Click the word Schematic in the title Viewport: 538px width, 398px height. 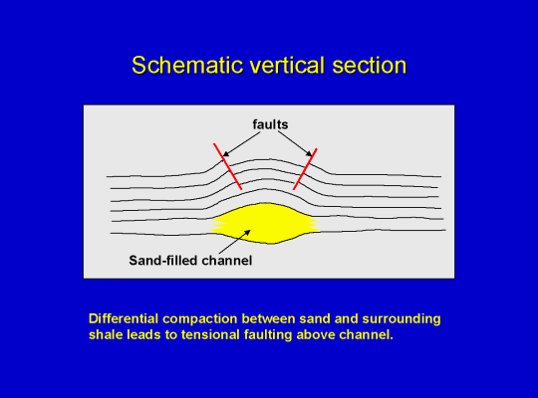pos(187,65)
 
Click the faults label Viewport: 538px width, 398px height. pos(270,124)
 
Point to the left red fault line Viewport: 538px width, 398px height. pos(228,166)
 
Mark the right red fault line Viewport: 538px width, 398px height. pos(305,169)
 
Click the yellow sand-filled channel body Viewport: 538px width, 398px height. pos(265,223)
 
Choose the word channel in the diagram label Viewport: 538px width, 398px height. pos(227,261)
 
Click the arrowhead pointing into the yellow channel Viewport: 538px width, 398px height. pos(247,233)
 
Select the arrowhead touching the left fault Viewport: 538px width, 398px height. pos(226,154)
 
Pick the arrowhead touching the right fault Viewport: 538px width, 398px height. pos(309,153)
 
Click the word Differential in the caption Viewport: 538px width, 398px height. pos(123,318)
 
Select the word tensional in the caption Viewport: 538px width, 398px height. pos(210,334)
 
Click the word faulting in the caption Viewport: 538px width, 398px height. pos(268,335)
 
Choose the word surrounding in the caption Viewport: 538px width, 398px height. pos(402,319)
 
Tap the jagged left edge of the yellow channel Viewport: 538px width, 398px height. pos(217,225)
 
